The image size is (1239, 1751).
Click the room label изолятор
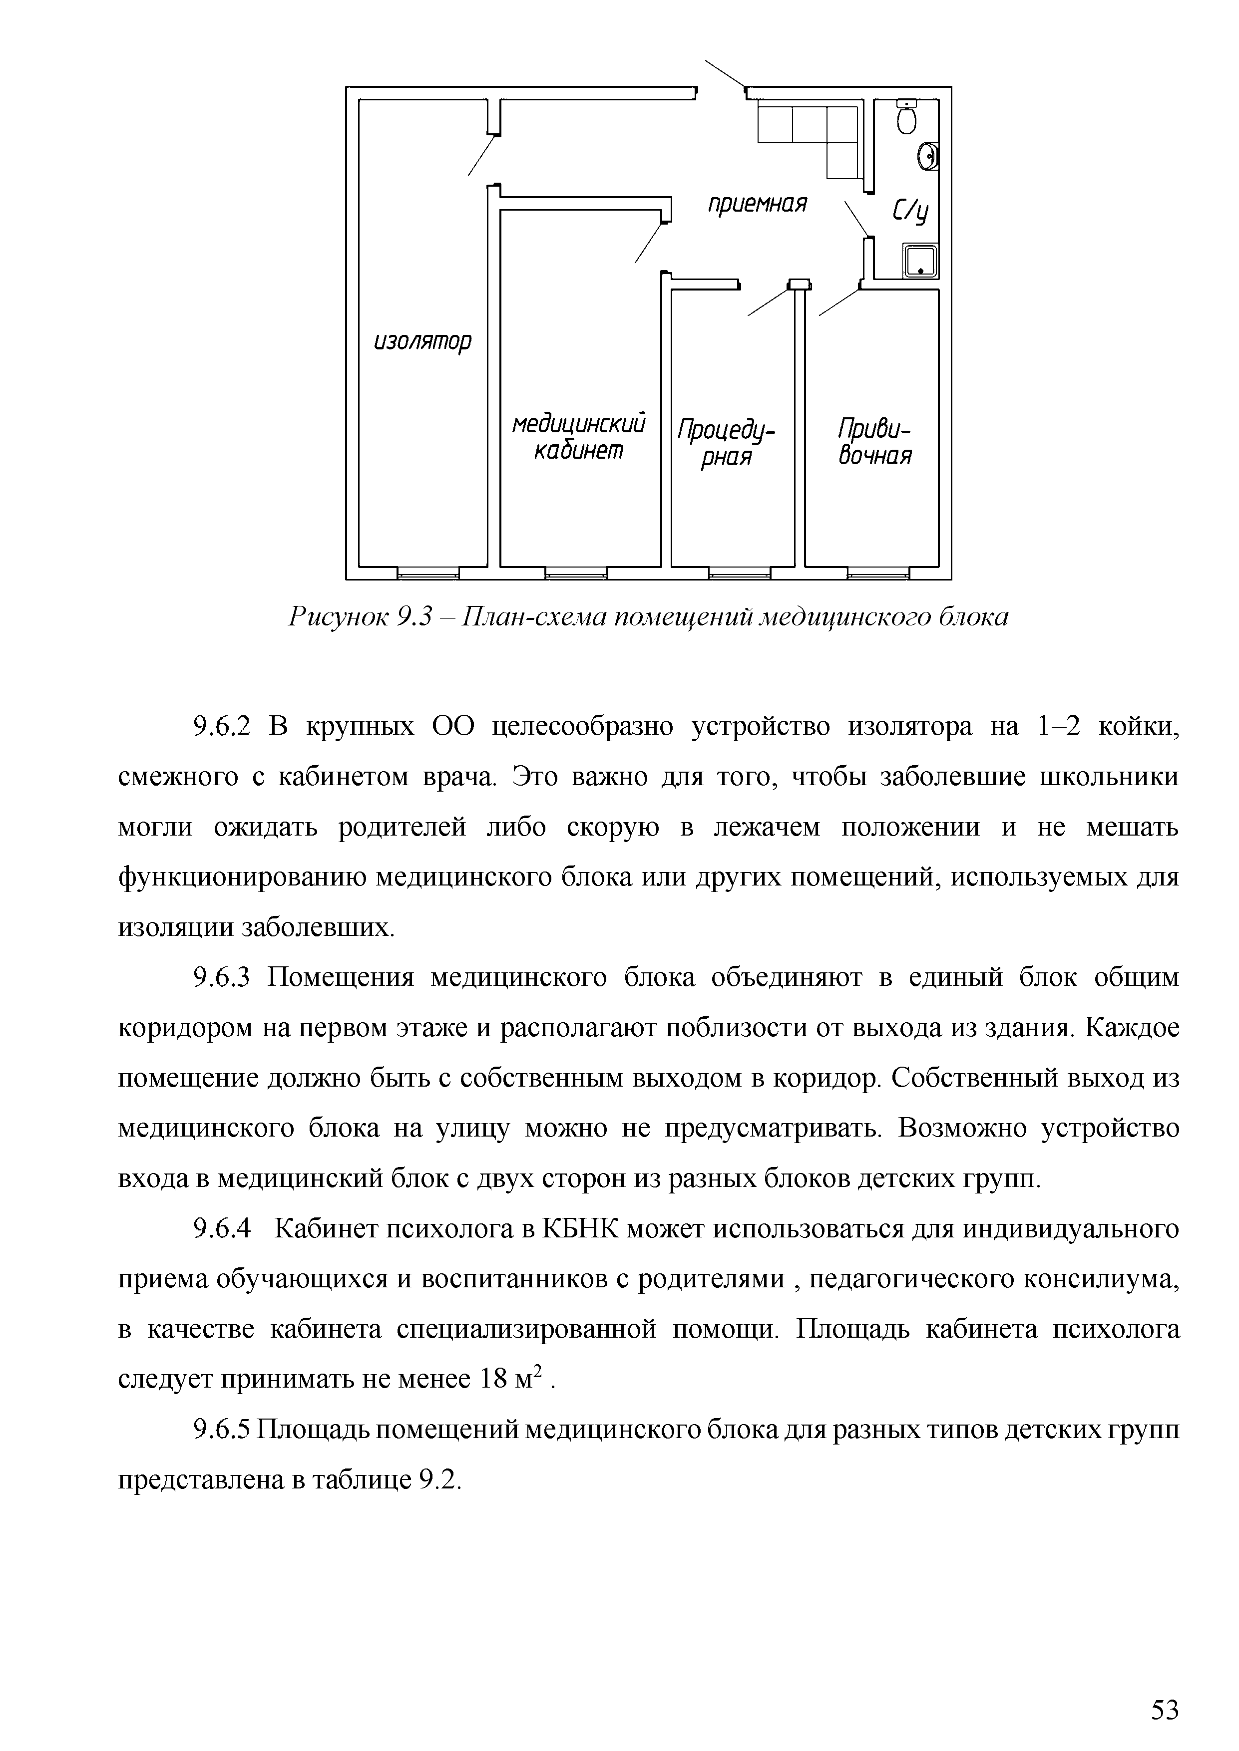pyautogui.click(x=422, y=341)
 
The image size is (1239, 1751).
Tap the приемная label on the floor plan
pyautogui.click(x=757, y=204)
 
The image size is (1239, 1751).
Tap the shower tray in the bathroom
pyautogui.click(x=919, y=261)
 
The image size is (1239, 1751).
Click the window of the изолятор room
pyautogui.click(x=428, y=573)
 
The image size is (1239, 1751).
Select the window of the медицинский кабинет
pyautogui.click(x=576, y=573)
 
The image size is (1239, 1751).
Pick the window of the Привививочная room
pyautogui.click(x=877, y=573)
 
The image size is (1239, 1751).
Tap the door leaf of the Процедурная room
pyautogui.click(x=768, y=299)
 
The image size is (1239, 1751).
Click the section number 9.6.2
pyautogui.click(x=222, y=728)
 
